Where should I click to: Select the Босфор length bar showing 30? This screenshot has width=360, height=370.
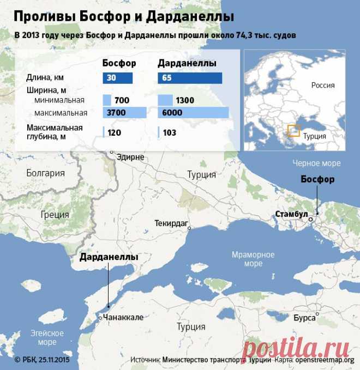click(117, 78)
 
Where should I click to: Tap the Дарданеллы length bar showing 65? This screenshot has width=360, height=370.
click(189, 78)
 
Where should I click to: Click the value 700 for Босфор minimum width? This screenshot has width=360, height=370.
click(122, 100)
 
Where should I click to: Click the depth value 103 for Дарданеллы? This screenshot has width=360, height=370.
click(169, 132)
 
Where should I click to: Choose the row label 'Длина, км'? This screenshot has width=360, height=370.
click(42, 78)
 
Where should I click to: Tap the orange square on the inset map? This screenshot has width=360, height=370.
click(293, 131)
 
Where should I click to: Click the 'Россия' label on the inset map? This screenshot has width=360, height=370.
click(323, 85)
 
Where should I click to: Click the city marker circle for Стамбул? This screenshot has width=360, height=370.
click(310, 219)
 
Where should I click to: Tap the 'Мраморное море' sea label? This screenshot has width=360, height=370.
click(253, 259)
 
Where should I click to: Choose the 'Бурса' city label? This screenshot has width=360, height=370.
click(304, 317)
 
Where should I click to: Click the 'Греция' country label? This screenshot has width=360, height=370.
click(55, 215)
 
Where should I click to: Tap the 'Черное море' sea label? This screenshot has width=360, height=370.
click(316, 163)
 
